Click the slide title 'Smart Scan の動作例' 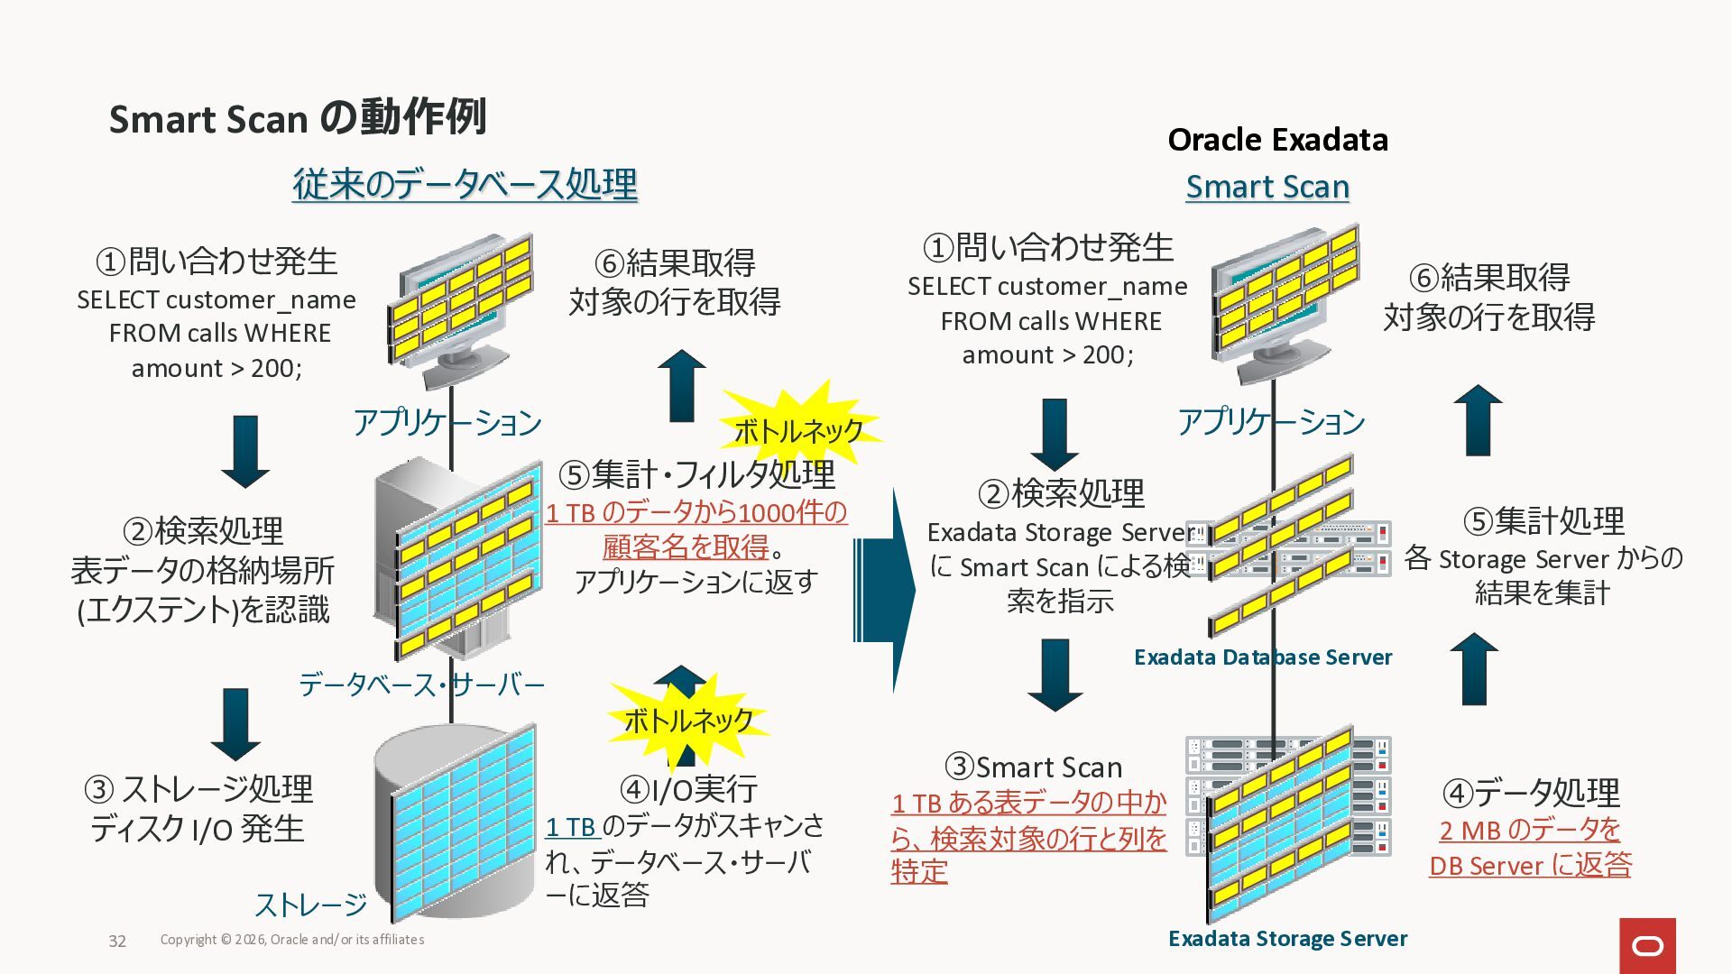[298, 118]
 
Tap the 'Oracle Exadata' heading [1277, 140]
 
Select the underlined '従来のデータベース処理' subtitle [465, 185]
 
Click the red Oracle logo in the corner [1647, 945]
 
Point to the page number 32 [117, 941]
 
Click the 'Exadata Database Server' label [1262, 657]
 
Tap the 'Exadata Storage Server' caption [1287, 939]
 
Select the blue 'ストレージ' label [310, 904]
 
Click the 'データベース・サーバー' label [421, 685]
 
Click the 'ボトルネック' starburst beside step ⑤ [798, 430]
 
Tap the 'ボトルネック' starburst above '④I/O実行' [688, 721]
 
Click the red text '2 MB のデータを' [1530, 830]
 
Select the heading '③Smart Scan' [1034, 767]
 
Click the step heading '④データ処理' [1531, 793]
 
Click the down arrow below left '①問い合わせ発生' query [245, 450]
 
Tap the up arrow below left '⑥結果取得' [682, 385]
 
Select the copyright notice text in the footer [292, 940]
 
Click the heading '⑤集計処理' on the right [1543, 520]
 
